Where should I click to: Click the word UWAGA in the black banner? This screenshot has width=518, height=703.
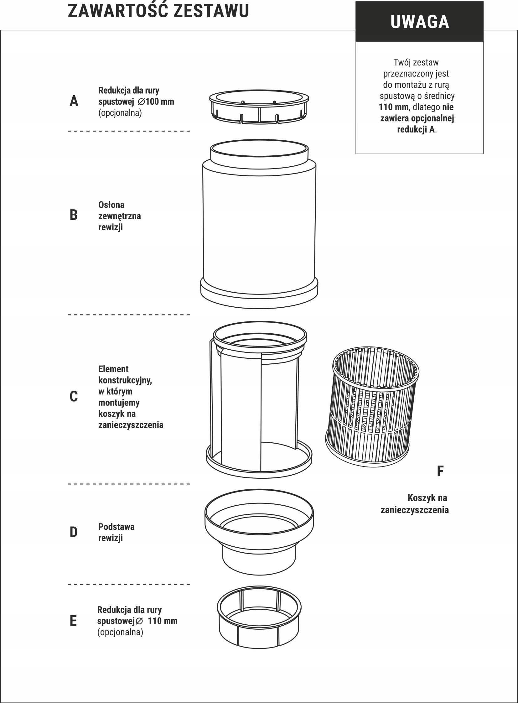click(x=420, y=22)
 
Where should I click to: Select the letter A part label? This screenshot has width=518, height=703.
click(x=74, y=101)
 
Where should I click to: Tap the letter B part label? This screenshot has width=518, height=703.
click(x=73, y=215)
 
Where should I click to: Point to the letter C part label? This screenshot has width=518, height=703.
click(x=74, y=397)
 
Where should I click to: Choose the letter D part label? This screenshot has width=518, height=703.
click(x=73, y=532)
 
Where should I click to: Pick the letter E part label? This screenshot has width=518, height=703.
click(x=73, y=621)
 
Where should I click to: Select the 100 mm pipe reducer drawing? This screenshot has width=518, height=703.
click(x=259, y=107)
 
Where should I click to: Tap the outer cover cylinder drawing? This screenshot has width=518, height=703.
click(x=259, y=224)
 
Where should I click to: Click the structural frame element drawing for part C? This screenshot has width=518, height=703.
click(x=259, y=399)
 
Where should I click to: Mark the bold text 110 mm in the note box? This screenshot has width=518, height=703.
click(x=394, y=107)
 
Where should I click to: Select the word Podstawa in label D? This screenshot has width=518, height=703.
click(x=116, y=527)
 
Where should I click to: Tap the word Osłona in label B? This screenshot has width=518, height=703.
click(x=111, y=205)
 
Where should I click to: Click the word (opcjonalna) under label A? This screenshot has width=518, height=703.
click(x=120, y=113)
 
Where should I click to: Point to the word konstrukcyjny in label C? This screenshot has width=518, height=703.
click(x=125, y=381)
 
